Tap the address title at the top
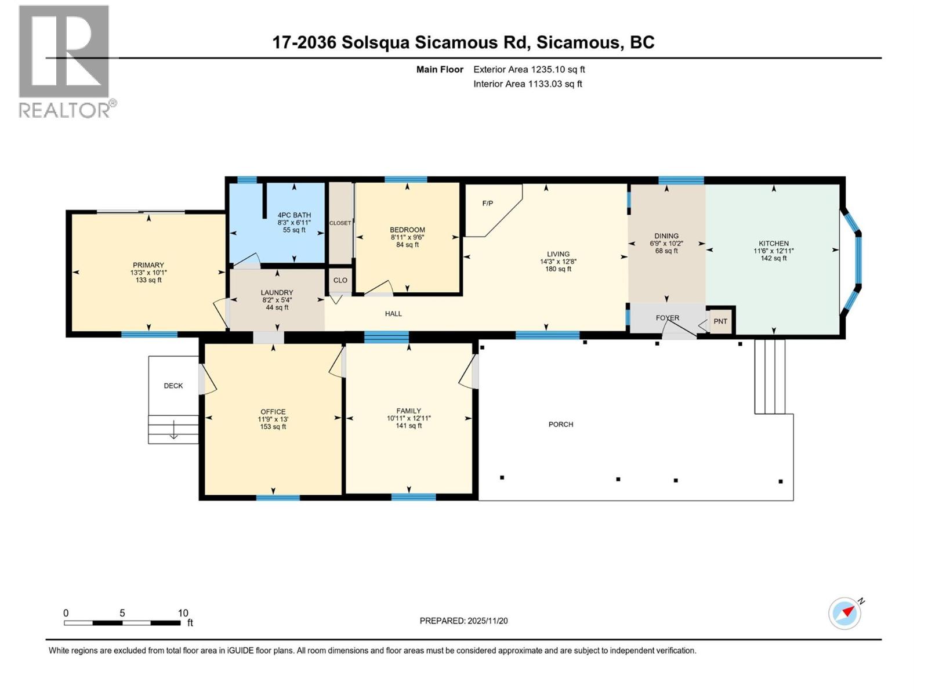[463, 42]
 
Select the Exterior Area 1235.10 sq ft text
[529, 69]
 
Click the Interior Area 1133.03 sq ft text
[527, 84]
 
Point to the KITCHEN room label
[774, 244]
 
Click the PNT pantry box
[720, 321]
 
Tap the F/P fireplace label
[488, 203]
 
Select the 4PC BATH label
[294, 215]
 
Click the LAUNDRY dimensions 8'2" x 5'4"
[277, 300]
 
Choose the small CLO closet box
[340, 280]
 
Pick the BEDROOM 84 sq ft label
[407, 245]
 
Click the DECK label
[173, 386]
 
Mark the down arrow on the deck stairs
[173, 432]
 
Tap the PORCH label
[560, 425]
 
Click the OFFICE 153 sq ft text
[273, 427]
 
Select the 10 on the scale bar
[183, 613]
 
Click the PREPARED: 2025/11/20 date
[463, 621]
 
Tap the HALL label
[393, 314]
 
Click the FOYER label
[667, 318]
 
